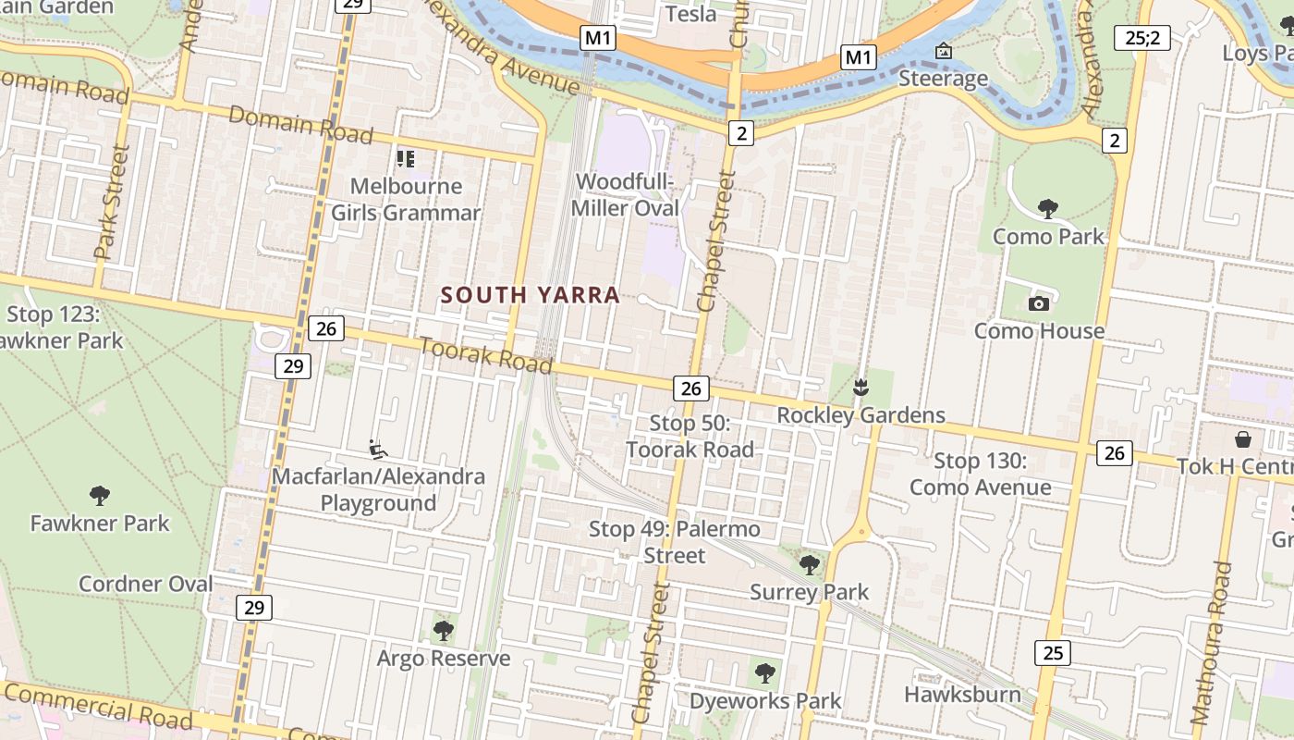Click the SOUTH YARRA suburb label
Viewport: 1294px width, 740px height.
pyautogui.click(x=530, y=295)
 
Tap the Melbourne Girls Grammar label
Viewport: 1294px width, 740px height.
pyautogui.click(x=406, y=200)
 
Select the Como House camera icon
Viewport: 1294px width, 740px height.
pyautogui.click(x=1039, y=303)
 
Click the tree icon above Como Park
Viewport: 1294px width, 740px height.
pyautogui.click(x=1047, y=208)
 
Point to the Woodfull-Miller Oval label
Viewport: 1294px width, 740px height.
pyautogui.click(x=625, y=195)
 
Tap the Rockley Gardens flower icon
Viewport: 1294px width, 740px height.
pyautogui.click(x=861, y=388)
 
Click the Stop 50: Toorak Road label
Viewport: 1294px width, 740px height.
pyautogui.click(x=690, y=437)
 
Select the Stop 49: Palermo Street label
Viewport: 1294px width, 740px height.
pyautogui.click(x=675, y=542)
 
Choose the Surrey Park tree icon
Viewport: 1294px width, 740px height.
pyautogui.click(x=810, y=563)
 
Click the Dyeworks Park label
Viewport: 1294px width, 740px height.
pyautogui.click(x=765, y=701)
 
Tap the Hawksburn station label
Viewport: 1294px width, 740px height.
pyautogui.click(x=962, y=695)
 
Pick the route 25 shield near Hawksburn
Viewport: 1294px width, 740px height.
pyautogui.click(x=1053, y=653)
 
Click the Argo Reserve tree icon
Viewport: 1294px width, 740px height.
pyautogui.click(x=444, y=631)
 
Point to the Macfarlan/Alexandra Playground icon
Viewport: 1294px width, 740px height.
pyautogui.click(x=378, y=450)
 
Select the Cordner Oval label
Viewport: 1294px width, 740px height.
pyautogui.click(x=145, y=584)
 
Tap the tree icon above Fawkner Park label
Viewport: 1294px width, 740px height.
pyautogui.click(x=100, y=495)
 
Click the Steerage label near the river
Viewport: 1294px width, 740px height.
pyautogui.click(x=943, y=79)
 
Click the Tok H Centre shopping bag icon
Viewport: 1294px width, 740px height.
pyautogui.click(x=1243, y=438)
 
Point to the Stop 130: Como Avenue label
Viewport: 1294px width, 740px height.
pyautogui.click(x=980, y=474)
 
